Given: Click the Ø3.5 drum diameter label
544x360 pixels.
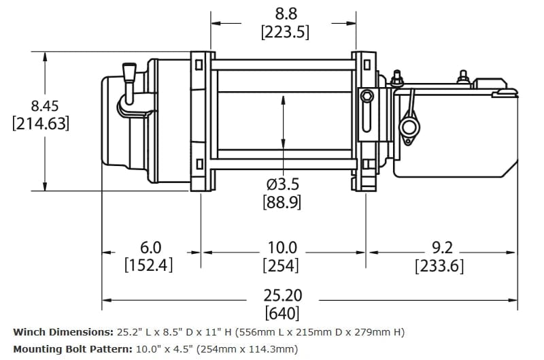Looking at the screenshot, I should pyautogui.click(x=283, y=184).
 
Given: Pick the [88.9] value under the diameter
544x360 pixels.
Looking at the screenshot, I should pyautogui.click(x=282, y=202).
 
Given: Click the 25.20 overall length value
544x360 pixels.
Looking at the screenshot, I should pyautogui.click(x=282, y=296).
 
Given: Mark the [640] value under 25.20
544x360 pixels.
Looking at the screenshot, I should pyautogui.click(x=282, y=314).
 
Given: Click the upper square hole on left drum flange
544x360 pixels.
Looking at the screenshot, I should pyautogui.click(x=199, y=66).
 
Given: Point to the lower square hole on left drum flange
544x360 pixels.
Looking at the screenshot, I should pyautogui.click(x=199, y=164).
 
